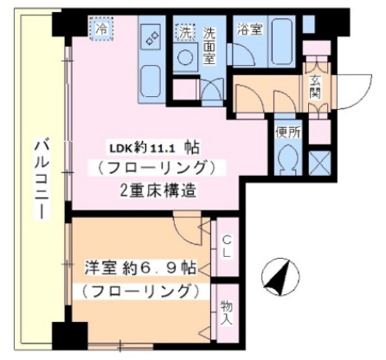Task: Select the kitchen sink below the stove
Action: click(151, 78)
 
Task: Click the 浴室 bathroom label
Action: click(249, 29)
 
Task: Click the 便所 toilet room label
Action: click(288, 132)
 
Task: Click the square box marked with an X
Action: click(318, 163)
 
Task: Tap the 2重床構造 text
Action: click(156, 189)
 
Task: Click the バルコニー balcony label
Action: click(40, 177)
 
